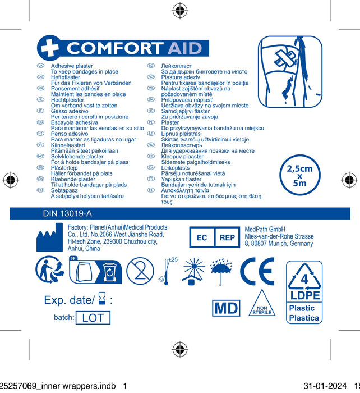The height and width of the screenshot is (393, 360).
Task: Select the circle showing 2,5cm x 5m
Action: (299, 175)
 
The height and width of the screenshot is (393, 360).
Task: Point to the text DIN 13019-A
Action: (67, 214)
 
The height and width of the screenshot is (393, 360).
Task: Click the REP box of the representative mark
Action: (227, 238)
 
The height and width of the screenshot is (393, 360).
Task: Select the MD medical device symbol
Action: (225, 308)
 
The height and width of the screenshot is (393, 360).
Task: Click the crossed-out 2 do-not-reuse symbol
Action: (140, 269)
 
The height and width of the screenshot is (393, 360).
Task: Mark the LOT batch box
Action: (93, 318)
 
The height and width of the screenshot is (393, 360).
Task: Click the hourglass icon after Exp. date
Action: (101, 300)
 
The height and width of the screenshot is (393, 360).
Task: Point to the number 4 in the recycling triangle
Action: (304, 278)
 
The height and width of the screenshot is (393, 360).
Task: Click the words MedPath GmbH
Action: (265, 229)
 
